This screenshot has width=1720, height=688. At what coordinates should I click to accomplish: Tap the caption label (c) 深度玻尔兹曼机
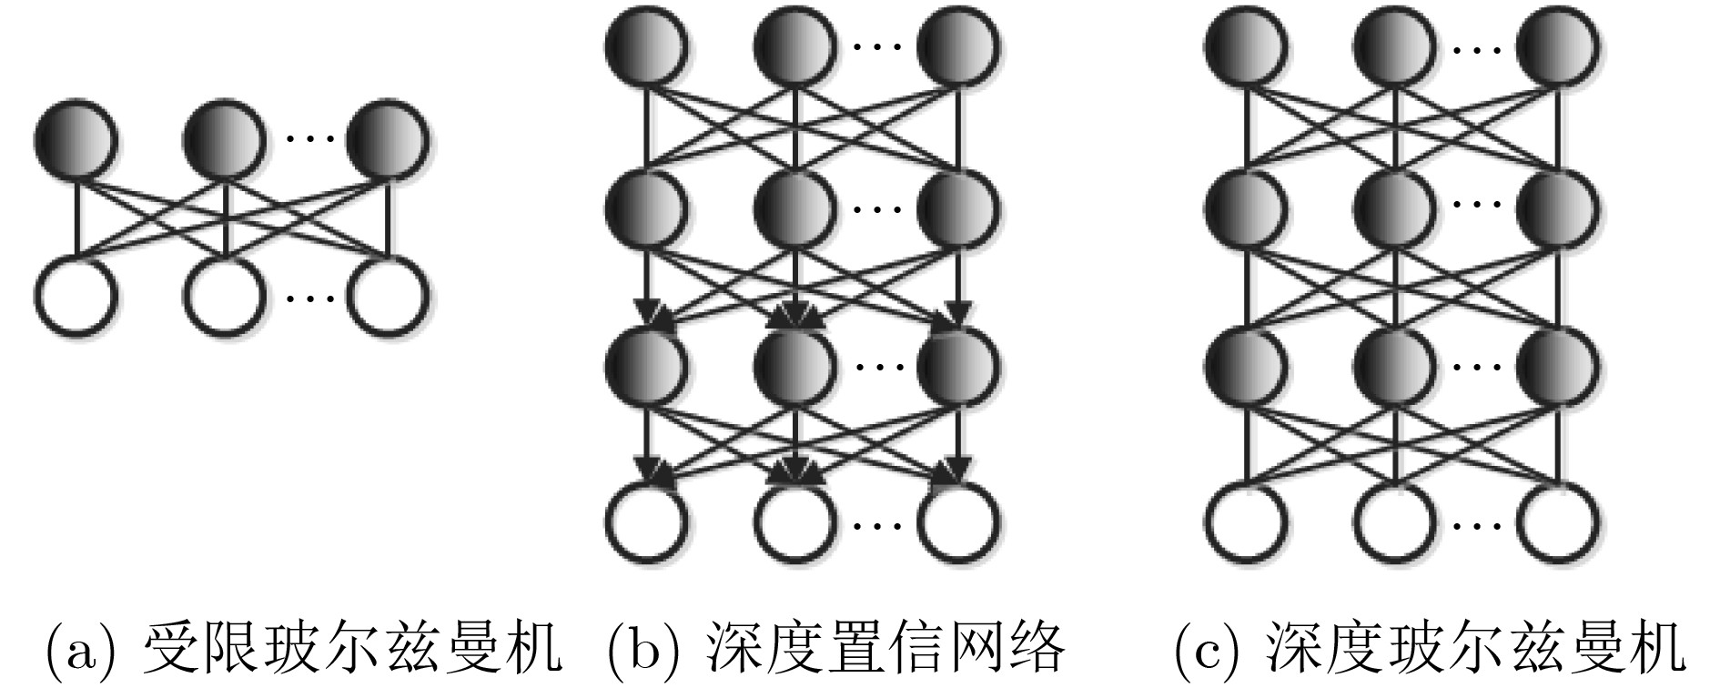[x=1429, y=649]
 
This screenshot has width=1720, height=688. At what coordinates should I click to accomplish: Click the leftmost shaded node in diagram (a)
[x=76, y=140]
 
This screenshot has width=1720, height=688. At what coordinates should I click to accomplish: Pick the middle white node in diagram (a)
[x=225, y=297]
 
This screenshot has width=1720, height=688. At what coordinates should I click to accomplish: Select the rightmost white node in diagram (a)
[x=389, y=297]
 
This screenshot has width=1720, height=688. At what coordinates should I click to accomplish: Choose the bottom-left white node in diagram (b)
[x=646, y=524]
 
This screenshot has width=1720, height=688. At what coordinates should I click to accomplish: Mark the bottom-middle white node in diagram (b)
[x=795, y=524]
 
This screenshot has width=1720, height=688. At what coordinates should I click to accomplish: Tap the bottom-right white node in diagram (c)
[x=1558, y=524]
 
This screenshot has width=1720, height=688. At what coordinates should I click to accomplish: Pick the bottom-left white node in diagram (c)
[x=1247, y=524]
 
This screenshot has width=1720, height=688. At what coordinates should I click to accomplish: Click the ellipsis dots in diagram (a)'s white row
[x=309, y=297]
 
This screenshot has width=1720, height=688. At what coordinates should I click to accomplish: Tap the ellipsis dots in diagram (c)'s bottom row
[x=1477, y=524]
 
